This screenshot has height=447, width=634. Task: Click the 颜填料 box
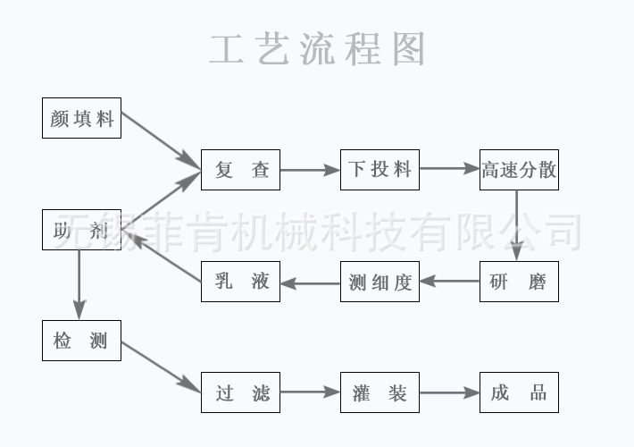(x=81, y=118)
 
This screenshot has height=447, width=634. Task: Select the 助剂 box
(x=81, y=230)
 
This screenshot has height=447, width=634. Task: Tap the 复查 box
(x=240, y=170)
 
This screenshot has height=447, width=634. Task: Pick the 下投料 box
(x=380, y=170)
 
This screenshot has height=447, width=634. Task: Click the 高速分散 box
(x=519, y=170)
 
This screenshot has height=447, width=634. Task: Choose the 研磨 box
(x=519, y=282)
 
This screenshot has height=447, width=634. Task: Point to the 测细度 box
(x=380, y=282)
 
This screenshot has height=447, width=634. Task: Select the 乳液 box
(x=240, y=282)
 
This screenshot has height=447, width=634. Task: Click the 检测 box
(x=81, y=341)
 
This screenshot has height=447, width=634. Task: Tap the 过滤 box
(x=240, y=392)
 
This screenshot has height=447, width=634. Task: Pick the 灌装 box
(x=380, y=392)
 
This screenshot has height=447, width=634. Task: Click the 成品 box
(x=519, y=392)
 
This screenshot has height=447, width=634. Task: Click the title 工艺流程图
(x=317, y=49)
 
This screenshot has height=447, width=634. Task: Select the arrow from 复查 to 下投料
(x=310, y=170)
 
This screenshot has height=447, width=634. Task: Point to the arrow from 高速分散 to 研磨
(x=516, y=225)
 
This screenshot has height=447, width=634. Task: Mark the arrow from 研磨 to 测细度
(x=450, y=281)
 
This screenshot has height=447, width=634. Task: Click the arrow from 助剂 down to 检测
(x=79, y=285)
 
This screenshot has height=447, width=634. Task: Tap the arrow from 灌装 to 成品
(x=450, y=392)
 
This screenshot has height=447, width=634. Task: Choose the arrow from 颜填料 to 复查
(x=162, y=140)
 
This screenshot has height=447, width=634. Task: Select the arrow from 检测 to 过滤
(x=162, y=367)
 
